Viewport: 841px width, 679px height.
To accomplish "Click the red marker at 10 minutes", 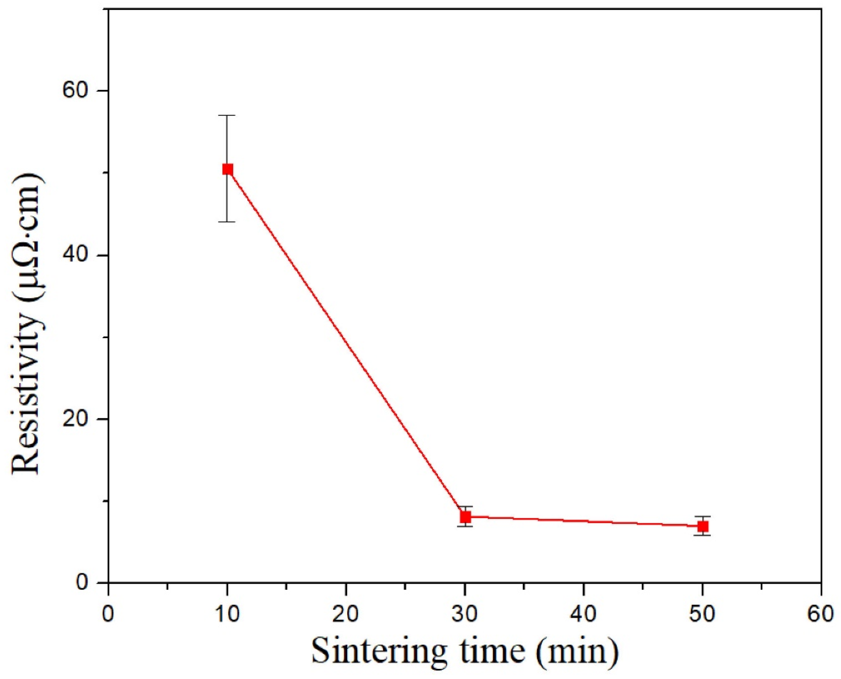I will coord(227,169).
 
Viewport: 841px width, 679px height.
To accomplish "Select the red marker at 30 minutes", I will coord(465,517).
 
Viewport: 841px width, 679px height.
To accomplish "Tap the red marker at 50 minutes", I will coord(702,526).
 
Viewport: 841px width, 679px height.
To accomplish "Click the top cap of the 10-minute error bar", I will coord(227,115).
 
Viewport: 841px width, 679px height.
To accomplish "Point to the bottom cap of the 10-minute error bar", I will coord(227,222).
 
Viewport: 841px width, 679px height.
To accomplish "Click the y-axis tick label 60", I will coord(75,90).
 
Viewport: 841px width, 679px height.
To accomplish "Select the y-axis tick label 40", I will coord(75,255).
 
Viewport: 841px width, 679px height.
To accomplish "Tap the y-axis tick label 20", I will coord(75,419).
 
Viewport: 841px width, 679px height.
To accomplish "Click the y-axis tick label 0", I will coord(82,582).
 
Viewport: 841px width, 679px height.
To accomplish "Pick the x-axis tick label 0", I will coord(108,613).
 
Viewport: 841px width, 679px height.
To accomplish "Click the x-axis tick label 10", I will coord(227,613).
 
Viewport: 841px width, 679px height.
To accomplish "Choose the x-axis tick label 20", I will coord(345,613).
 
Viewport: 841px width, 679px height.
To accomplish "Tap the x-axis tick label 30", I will coord(464,613).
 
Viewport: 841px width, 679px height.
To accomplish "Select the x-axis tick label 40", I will coord(583,613).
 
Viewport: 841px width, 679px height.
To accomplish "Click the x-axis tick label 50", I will coord(702,613).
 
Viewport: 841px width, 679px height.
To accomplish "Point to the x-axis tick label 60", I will coord(820,613).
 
